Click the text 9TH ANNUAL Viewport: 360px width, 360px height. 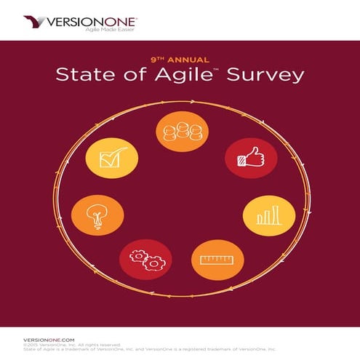coord(180,60)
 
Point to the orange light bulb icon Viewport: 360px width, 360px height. coord(94,215)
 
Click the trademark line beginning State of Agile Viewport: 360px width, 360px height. coord(145,350)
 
